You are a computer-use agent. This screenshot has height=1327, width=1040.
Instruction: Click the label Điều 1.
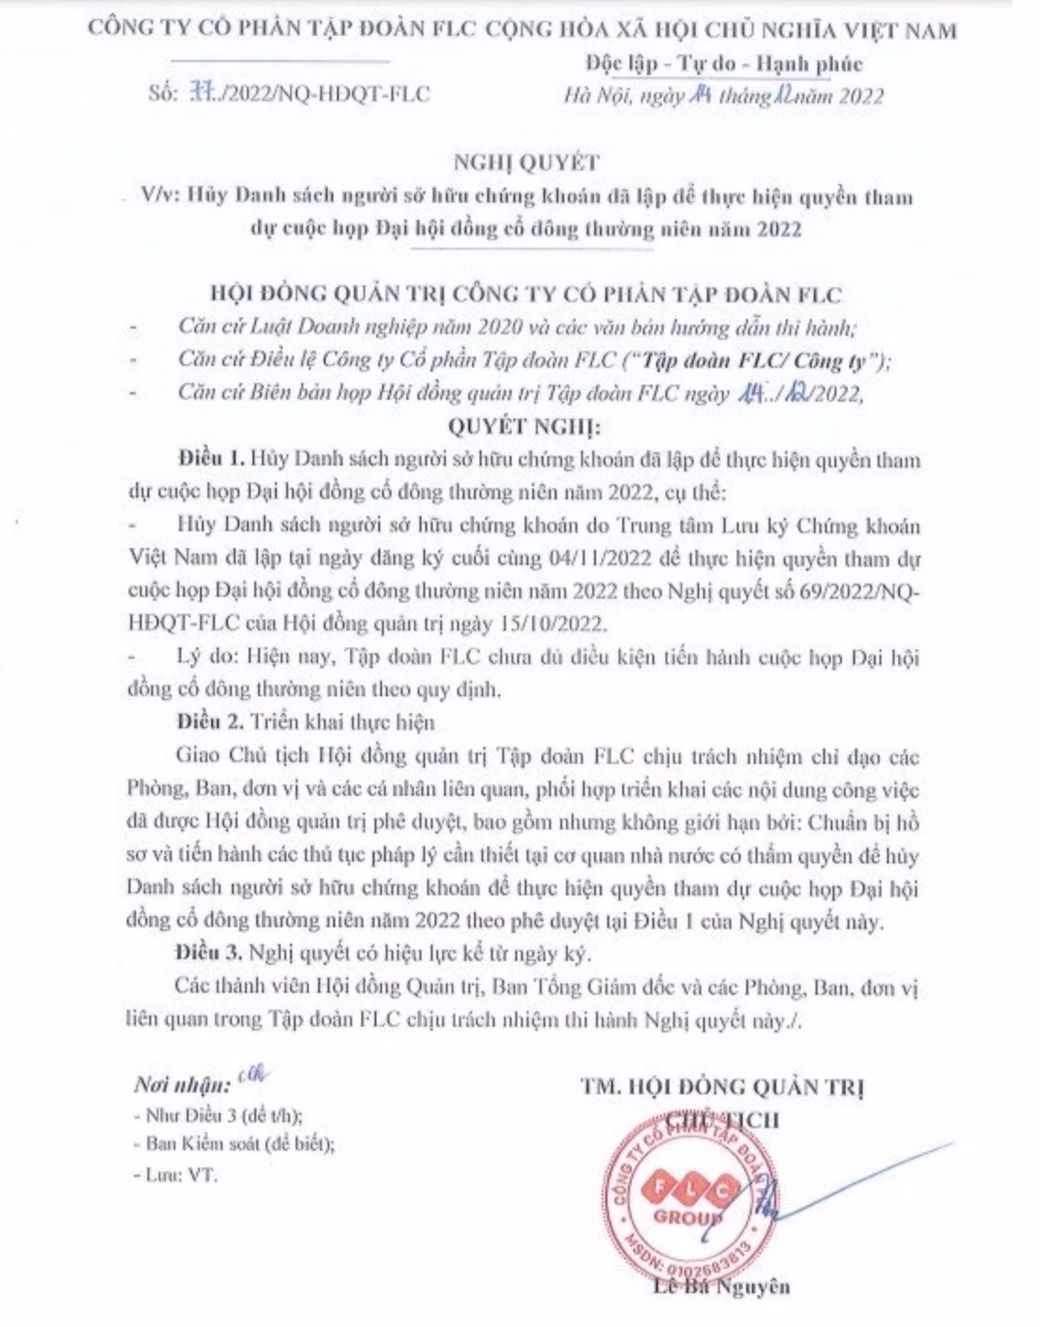[212, 462]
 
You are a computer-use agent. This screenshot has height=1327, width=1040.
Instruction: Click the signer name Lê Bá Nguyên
[723, 1286]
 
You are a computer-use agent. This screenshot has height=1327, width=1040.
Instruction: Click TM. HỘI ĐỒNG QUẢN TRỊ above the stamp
[723, 1088]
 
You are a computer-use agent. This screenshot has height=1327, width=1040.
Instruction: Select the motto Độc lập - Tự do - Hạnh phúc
[723, 64]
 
